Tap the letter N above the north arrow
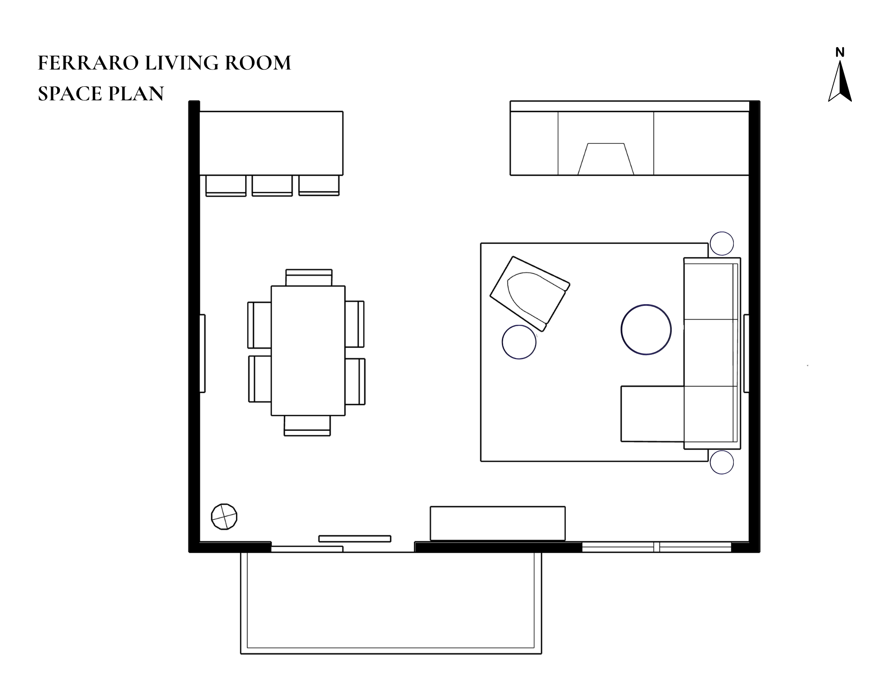[839, 53]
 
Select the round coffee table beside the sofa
[646, 330]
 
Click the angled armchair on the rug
[530, 294]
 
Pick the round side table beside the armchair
[519, 342]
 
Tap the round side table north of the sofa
[722, 243]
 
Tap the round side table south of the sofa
[722, 462]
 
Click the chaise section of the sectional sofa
[652, 414]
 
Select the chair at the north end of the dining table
[309, 278]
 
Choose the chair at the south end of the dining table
[307, 426]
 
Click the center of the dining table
[308, 350]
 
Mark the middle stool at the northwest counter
[272, 185]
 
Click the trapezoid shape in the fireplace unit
[606, 159]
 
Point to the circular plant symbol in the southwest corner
[224, 516]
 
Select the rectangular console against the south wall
[497, 523]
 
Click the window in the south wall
[656, 547]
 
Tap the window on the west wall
[202, 353]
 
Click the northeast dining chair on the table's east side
[354, 324]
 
